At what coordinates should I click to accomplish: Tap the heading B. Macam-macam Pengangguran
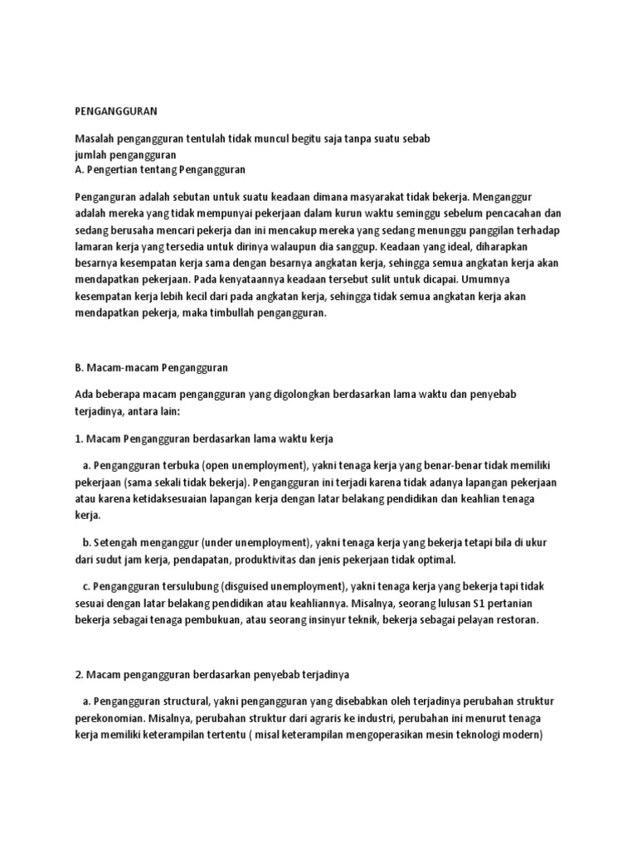coord(151,366)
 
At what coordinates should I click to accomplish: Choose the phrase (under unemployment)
coord(255,543)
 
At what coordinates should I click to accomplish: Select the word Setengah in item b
coord(116,543)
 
